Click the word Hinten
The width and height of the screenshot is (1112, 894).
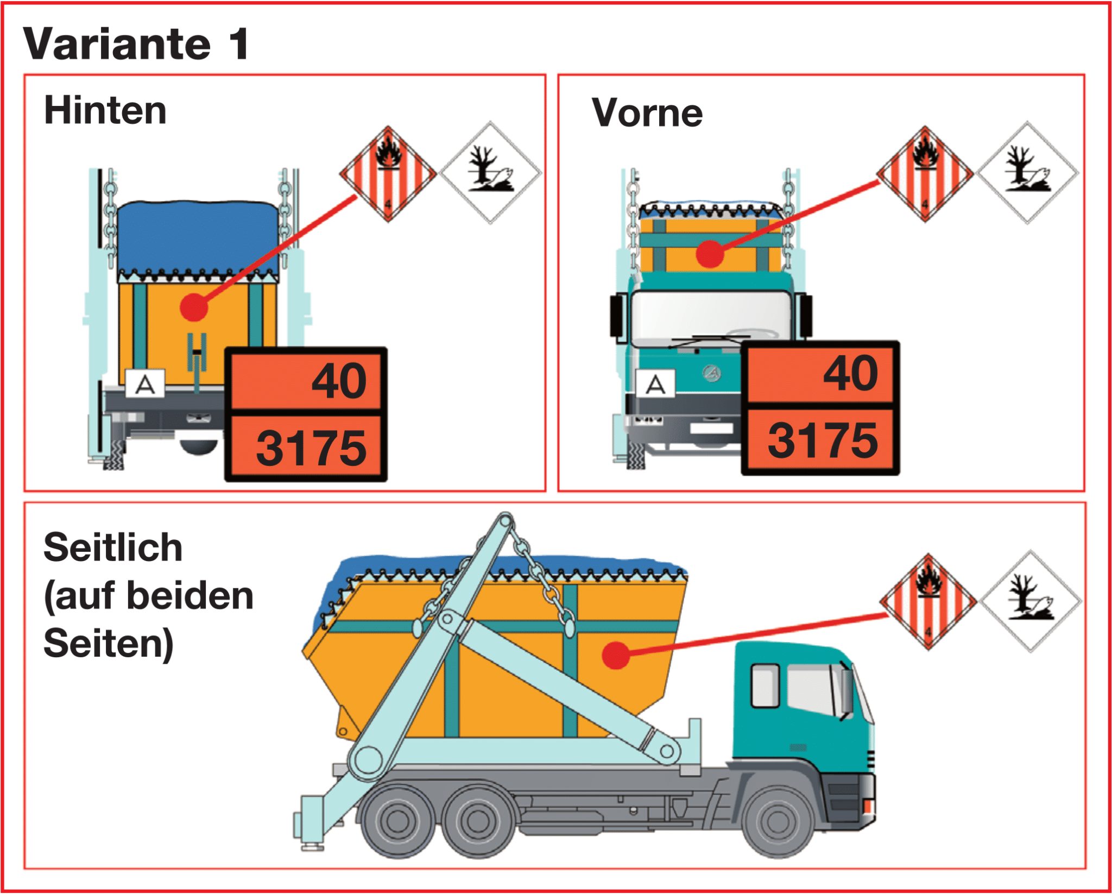click(105, 111)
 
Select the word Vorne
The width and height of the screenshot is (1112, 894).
click(647, 113)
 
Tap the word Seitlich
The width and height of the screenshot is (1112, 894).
click(113, 547)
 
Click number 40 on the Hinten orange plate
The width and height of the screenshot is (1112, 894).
click(339, 381)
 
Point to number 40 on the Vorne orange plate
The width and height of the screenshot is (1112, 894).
click(850, 373)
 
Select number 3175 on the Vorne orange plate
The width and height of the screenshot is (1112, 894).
click(822, 440)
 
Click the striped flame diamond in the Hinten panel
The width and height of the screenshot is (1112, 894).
click(388, 174)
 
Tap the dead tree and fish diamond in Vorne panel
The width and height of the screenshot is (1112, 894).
click(1027, 172)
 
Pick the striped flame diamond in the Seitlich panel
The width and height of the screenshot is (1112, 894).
click(928, 601)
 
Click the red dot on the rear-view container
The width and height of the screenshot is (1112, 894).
click(194, 307)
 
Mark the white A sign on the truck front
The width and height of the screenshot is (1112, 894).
click(655, 384)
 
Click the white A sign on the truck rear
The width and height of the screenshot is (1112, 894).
click(145, 384)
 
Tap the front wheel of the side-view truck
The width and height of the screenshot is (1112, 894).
click(778, 822)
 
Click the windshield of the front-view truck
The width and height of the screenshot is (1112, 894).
click(710, 315)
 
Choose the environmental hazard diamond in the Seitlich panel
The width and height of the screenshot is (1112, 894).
click(1031, 601)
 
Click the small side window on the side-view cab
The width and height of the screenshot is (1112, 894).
click(764, 685)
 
